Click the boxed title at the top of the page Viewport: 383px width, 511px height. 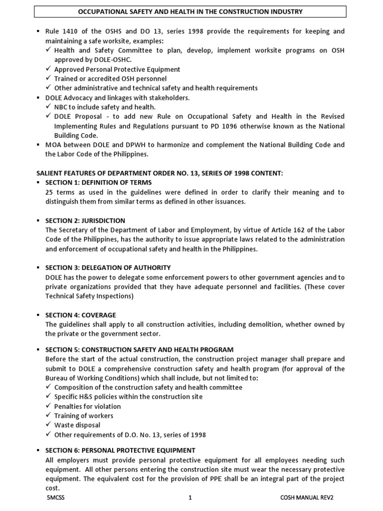(x=191, y=11)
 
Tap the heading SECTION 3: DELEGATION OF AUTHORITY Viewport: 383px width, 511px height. (x=108, y=267)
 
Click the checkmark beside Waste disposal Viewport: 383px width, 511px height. (x=48, y=425)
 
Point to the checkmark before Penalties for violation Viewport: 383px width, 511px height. (x=48, y=406)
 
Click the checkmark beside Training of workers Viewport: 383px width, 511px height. (x=48, y=416)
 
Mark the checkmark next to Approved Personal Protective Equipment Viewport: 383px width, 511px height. (x=48, y=69)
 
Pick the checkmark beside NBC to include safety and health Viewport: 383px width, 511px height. (x=48, y=107)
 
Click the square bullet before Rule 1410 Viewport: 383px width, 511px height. (x=39, y=31)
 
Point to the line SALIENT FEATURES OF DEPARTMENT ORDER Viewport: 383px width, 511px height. (x=160, y=173)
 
